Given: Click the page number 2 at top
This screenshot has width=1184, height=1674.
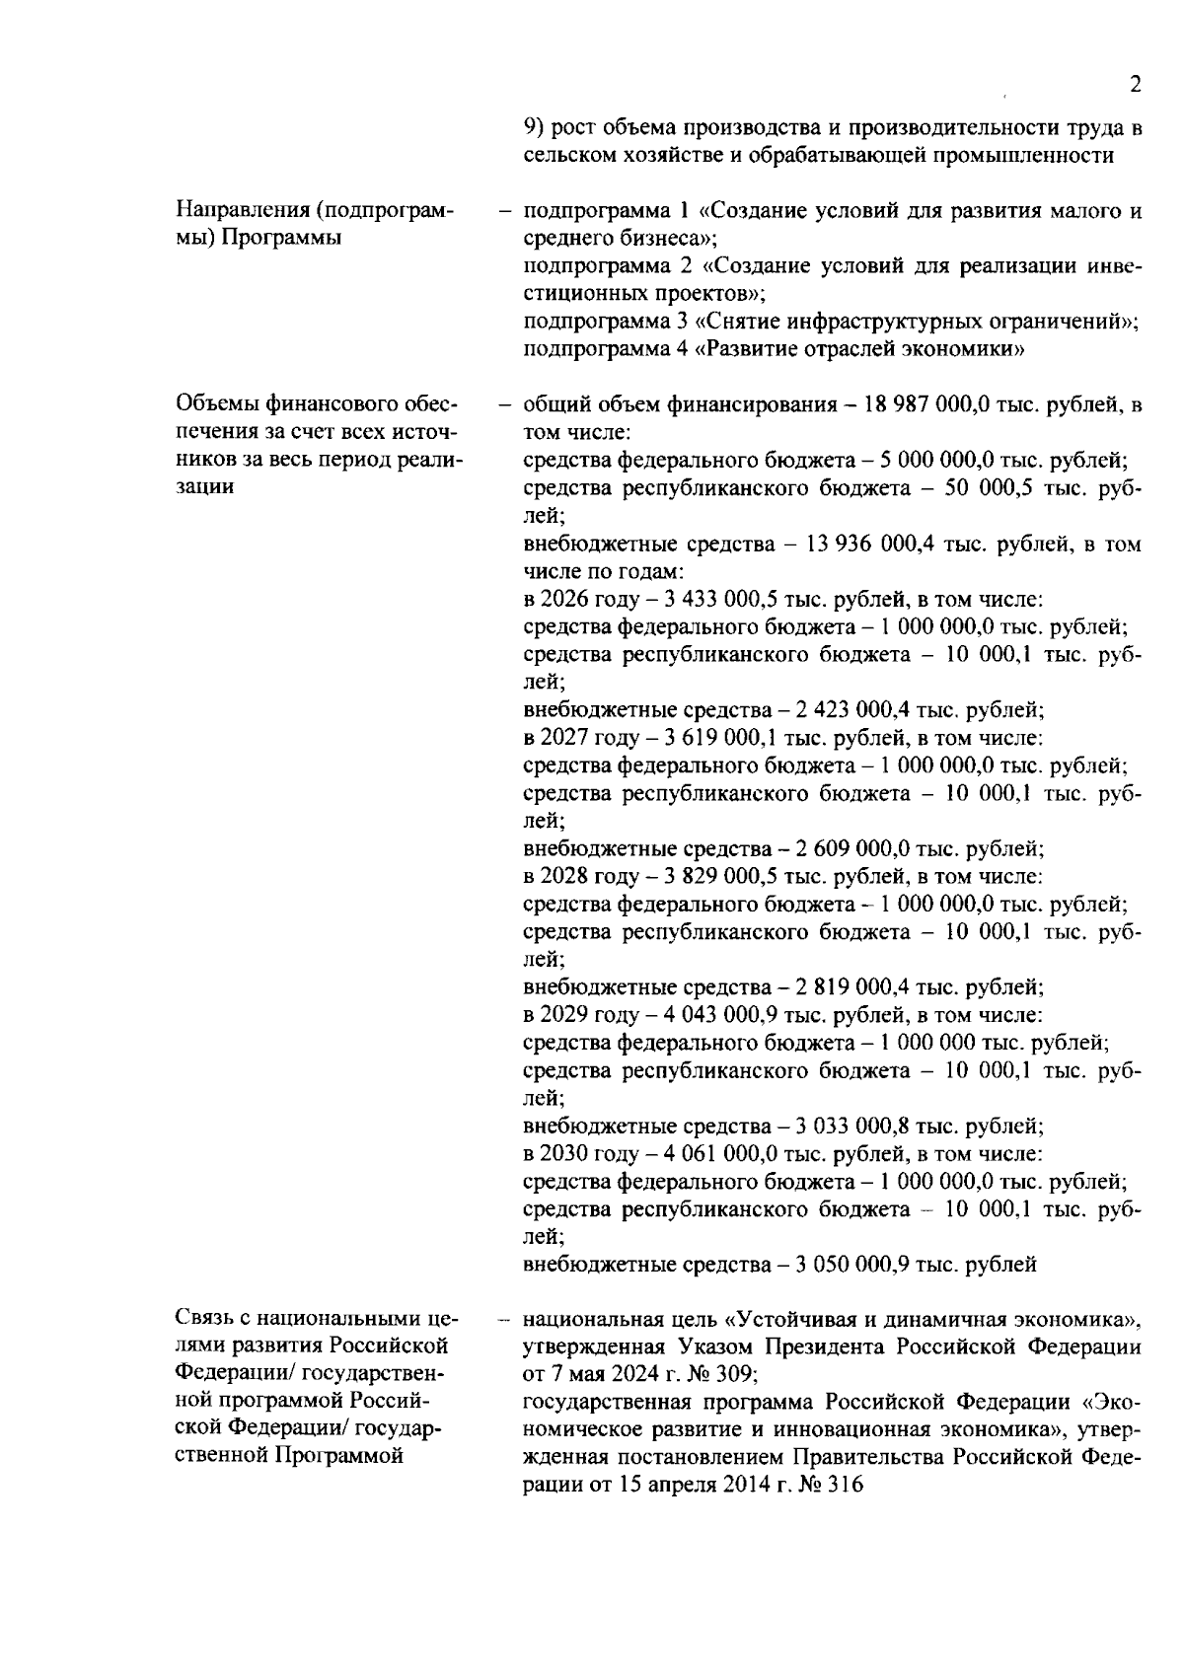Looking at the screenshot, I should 1136,85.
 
